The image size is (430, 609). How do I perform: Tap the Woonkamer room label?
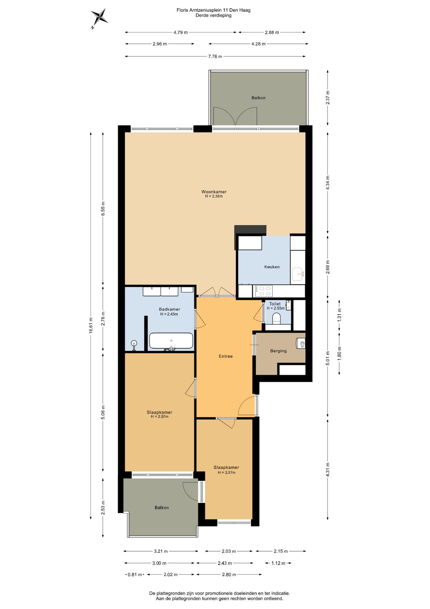click(214, 192)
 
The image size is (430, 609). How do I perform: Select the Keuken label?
click(272, 267)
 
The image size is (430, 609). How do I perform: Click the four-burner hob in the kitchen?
click(264, 291)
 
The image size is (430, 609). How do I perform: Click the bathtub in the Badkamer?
click(171, 341)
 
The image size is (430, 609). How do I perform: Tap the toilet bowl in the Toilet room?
click(276, 318)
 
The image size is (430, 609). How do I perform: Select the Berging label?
click(278, 351)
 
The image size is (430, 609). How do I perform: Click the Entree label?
click(226, 356)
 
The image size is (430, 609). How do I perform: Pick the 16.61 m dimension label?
click(91, 325)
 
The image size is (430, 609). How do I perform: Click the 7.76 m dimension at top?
click(215, 56)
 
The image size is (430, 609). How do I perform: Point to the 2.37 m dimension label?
click(328, 98)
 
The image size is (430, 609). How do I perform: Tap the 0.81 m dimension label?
click(135, 574)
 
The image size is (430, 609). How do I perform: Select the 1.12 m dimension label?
click(278, 563)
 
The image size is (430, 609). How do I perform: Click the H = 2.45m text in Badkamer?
click(169, 314)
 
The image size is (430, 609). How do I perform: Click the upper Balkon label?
click(259, 98)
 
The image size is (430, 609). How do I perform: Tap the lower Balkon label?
click(161, 507)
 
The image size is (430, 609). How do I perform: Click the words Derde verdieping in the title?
click(213, 15)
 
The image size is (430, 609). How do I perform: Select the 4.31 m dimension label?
click(328, 469)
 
